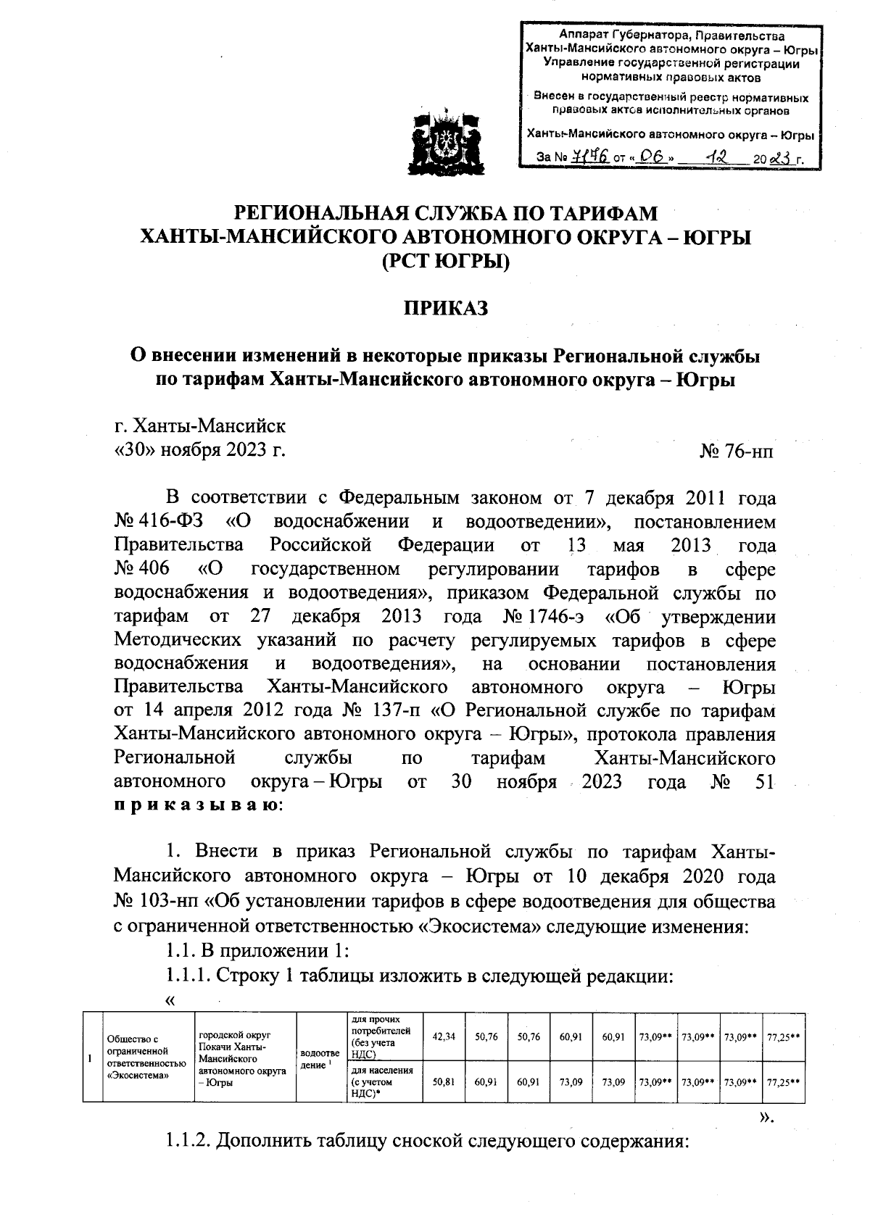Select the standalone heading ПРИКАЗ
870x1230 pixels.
coord(446,308)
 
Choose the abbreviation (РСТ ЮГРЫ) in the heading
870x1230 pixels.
coord(446,261)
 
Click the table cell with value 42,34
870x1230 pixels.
coord(443,1037)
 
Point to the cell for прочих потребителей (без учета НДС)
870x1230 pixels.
coord(381,1036)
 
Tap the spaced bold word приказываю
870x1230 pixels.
coord(196,805)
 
